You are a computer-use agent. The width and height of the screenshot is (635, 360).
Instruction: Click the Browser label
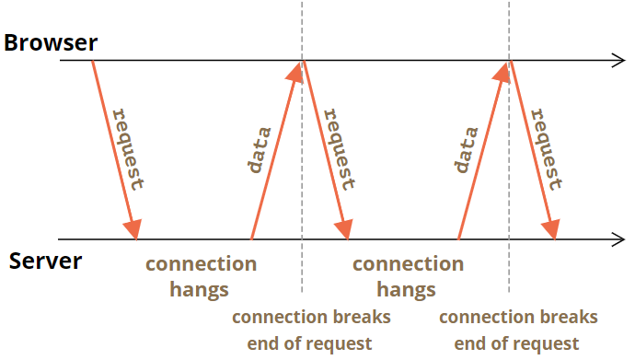(x=51, y=43)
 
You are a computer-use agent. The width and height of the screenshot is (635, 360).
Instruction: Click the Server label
(x=45, y=261)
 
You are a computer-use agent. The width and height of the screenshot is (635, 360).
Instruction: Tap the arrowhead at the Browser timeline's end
(x=618, y=61)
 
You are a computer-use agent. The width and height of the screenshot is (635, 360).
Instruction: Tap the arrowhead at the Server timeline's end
(x=618, y=239)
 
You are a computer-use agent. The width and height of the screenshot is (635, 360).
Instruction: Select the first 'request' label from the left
(x=128, y=149)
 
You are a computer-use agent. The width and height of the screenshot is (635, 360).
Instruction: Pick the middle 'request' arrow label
(x=340, y=149)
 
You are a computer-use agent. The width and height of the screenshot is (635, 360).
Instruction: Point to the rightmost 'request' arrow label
(x=547, y=149)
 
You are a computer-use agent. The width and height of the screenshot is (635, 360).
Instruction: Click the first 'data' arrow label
(x=260, y=150)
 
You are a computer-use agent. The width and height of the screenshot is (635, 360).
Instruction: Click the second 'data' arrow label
(x=467, y=150)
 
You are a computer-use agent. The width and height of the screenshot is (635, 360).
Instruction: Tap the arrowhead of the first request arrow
(x=133, y=229)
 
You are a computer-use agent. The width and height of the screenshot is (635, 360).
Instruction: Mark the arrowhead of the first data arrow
(x=295, y=72)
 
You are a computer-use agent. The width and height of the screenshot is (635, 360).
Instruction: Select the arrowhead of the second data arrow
(x=502, y=72)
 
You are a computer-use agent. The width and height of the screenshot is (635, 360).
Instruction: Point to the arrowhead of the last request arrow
(x=551, y=229)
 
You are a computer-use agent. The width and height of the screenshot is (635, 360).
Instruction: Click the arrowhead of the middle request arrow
(x=344, y=229)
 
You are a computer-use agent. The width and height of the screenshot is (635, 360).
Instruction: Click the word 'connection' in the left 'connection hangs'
(x=202, y=264)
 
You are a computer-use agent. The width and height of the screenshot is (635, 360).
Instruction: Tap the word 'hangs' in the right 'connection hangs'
(x=406, y=290)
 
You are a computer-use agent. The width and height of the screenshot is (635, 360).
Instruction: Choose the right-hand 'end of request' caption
(x=516, y=343)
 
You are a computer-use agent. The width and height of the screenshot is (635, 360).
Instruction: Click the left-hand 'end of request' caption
(x=309, y=343)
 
